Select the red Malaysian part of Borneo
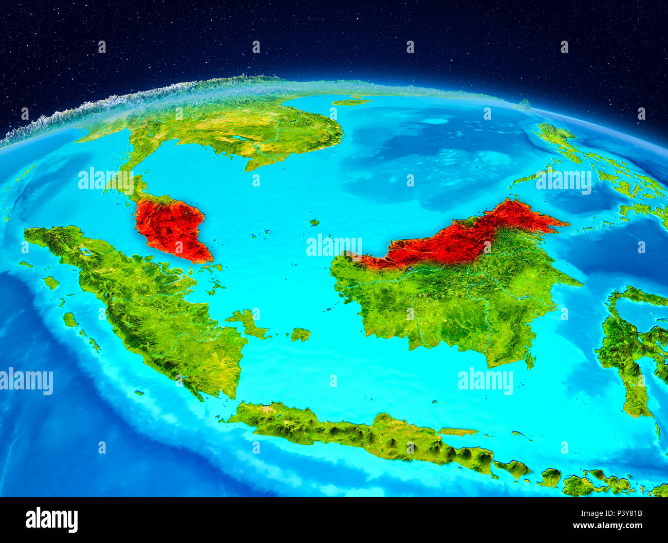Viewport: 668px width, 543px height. coord(457,239)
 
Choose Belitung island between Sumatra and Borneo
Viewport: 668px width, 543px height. coord(301,334)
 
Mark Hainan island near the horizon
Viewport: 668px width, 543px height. coord(350,102)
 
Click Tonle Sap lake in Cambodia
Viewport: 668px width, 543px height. coord(238,138)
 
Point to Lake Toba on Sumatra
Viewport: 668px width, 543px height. coord(85,251)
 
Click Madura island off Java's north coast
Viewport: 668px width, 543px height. coord(457,432)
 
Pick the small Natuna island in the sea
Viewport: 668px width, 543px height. coord(313,222)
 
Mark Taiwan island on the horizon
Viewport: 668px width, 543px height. coord(524,104)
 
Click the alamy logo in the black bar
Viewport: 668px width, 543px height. coord(51,519)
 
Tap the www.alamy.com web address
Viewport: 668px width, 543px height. coord(608,526)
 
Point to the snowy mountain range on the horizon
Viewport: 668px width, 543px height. coord(103,105)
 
